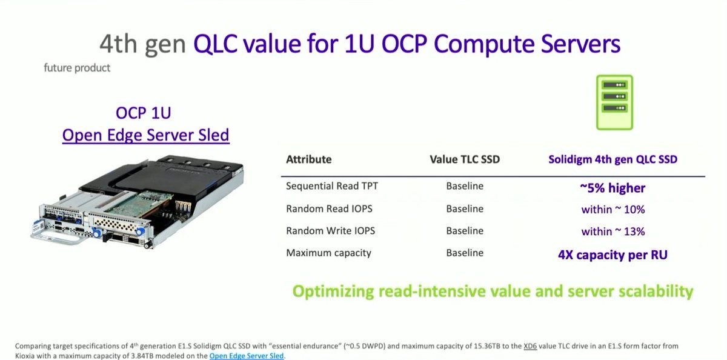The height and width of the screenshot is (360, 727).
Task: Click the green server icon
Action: click(x=614, y=102)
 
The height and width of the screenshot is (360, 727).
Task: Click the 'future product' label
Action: click(x=77, y=68)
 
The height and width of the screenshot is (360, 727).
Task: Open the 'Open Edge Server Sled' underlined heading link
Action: click(x=146, y=135)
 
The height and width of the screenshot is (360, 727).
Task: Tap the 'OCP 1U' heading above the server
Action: click(x=143, y=113)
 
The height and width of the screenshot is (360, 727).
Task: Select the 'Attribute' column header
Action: click(x=308, y=159)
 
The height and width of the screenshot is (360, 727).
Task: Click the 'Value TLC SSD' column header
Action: click(x=465, y=159)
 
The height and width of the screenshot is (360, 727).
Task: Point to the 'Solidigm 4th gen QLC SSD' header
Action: click(x=612, y=159)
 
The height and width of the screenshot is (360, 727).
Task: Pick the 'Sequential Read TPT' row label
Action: click(x=332, y=186)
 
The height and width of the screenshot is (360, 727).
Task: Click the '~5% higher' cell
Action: click(x=612, y=188)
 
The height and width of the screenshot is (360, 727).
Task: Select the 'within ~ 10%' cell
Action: click(x=612, y=210)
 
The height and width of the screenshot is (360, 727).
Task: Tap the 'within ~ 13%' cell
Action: click(x=612, y=232)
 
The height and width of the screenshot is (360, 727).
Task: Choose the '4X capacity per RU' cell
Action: click(x=612, y=255)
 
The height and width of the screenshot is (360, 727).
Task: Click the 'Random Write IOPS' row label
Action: click(x=330, y=231)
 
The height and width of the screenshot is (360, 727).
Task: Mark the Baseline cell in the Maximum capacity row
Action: click(x=465, y=253)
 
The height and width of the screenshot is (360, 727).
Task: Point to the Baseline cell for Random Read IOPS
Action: click(x=465, y=208)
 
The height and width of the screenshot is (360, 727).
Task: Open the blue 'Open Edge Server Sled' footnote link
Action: click(x=247, y=356)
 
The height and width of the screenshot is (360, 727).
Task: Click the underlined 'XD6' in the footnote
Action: click(x=530, y=346)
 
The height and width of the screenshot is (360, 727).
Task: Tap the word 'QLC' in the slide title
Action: click(x=215, y=44)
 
